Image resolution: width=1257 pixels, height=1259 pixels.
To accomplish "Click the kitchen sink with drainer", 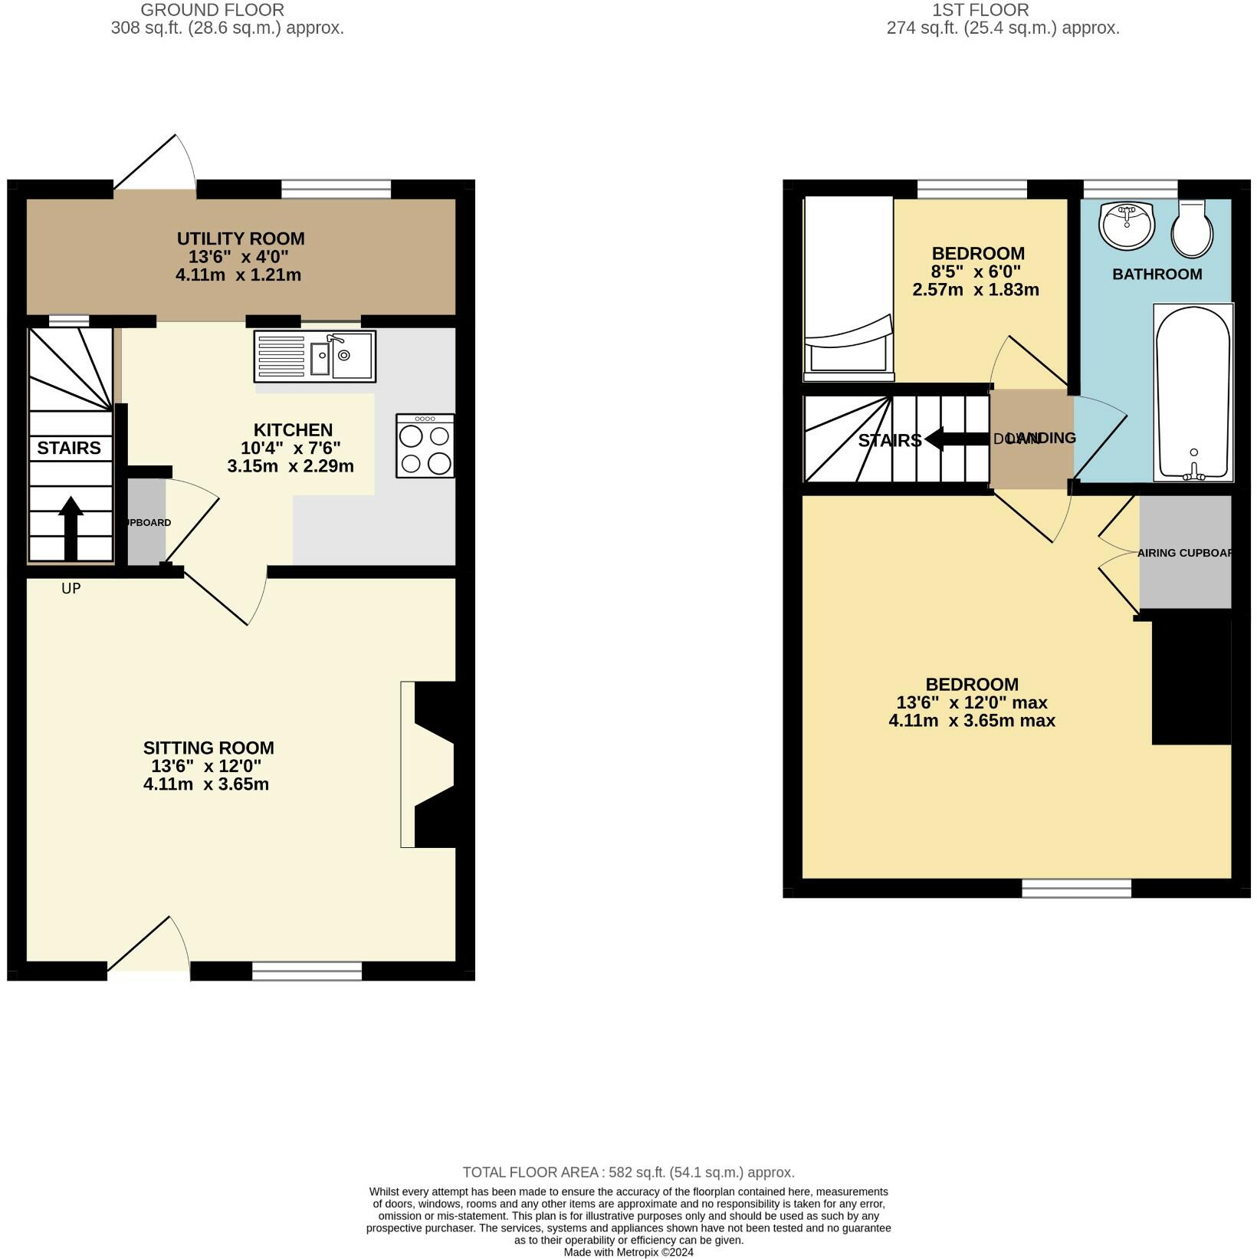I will click(314, 357).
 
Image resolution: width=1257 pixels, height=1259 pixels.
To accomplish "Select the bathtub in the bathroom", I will click(1193, 393).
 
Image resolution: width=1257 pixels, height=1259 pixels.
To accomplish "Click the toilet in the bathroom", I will click(1192, 228).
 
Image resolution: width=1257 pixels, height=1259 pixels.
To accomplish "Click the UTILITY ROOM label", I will click(241, 238).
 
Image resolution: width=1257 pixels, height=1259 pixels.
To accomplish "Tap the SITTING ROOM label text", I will click(208, 748).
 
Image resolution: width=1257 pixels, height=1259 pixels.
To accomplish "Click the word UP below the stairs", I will click(71, 589).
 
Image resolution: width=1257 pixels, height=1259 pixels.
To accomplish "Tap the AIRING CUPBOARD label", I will click(1185, 553).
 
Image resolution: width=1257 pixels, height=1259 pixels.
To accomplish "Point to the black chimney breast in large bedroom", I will click(1191, 680).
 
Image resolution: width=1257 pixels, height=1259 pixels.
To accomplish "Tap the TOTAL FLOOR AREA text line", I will click(628, 1172).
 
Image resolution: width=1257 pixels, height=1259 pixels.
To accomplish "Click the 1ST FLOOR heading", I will click(980, 10).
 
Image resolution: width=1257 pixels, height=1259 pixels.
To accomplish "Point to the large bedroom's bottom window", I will click(1076, 888).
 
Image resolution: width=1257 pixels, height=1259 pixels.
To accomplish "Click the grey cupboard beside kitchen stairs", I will click(146, 522).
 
